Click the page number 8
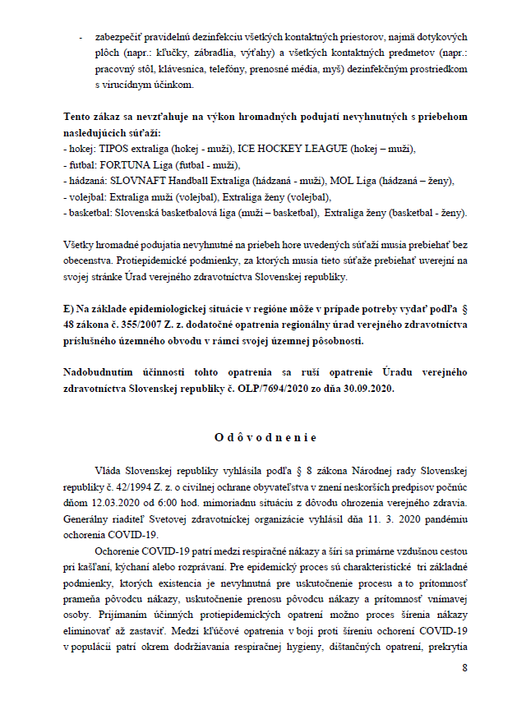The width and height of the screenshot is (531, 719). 464,666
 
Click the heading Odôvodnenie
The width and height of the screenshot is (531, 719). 265,437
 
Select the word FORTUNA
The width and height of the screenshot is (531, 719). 124,165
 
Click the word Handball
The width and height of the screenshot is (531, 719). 189,181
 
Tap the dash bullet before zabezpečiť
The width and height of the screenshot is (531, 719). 80,38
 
